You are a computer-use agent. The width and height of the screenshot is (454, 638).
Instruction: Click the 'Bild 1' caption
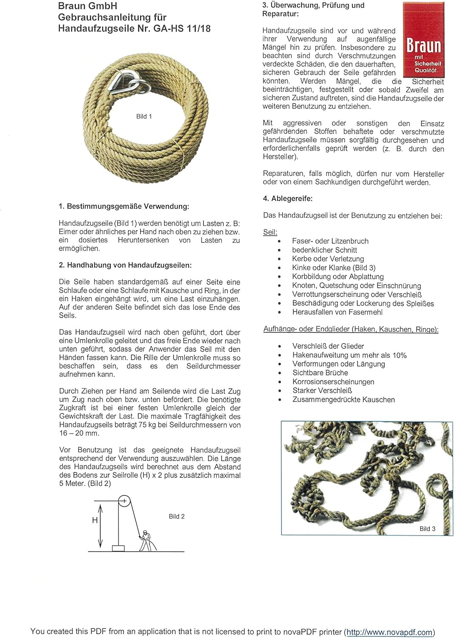(x=144, y=116)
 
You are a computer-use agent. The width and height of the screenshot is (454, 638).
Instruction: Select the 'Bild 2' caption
(x=177, y=516)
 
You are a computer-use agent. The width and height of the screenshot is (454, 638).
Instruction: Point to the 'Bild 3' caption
(x=427, y=529)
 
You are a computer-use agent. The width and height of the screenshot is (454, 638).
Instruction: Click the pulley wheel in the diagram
(x=124, y=501)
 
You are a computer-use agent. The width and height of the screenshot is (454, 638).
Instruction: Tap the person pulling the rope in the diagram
(x=146, y=541)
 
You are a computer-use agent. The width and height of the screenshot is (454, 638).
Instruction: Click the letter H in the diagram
(x=94, y=520)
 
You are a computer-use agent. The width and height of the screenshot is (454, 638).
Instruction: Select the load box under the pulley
(x=118, y=548)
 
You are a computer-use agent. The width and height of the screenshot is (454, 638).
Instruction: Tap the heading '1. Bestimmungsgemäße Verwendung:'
(x=124, y=206)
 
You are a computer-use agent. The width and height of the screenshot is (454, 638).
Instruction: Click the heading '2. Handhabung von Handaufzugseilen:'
(x=125, y=265)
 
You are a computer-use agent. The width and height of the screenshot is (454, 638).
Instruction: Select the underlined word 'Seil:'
(x=270, y=232)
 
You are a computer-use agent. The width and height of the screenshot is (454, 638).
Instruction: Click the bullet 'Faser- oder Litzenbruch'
(x=330, y=241)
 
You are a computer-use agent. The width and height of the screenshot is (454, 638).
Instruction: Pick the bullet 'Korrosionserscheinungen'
(x=333, y=382)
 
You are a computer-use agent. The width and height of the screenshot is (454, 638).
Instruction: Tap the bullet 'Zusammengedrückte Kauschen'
(x=343, y=399)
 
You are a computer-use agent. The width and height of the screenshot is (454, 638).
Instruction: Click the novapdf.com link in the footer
(x=389, y=632)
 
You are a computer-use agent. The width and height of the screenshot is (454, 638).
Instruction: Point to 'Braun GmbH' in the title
(x=88, y=6)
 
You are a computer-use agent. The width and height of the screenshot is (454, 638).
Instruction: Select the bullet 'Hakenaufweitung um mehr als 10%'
(x=349, y=355)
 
